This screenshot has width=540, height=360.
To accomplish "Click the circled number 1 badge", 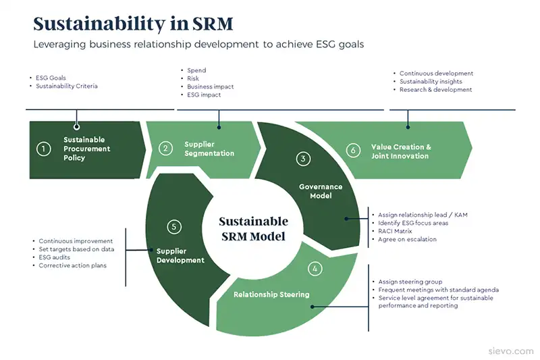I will tap(44, 149).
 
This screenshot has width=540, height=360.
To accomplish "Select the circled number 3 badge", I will tap(304, 159).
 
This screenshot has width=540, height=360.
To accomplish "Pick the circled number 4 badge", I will tap(315, 268).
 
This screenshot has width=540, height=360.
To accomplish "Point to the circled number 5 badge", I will tap(174, 227).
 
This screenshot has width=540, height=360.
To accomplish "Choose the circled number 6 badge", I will tap(352, 151).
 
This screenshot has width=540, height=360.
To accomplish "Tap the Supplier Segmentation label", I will tap(209, 149).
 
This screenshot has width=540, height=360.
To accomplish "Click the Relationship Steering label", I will tap(271, 294).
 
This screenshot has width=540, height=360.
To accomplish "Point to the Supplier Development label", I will tap(180, 255).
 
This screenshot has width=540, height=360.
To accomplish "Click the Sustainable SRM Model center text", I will tap(254, 229).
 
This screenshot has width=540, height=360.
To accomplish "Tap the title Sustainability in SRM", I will tap(133, 24).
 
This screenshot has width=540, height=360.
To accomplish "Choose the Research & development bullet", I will tap(435, 90).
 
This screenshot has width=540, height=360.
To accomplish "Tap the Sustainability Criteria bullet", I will tap(66, 86).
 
